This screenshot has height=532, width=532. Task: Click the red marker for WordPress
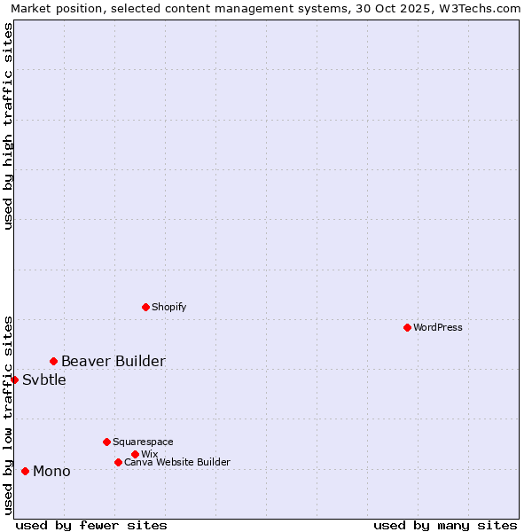[407, 327]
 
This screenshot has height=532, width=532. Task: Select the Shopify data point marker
[145, 307]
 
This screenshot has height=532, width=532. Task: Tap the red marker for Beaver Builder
[53, 361]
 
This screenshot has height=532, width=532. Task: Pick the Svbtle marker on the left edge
[14, 379]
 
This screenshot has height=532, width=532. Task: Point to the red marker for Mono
[25, 471]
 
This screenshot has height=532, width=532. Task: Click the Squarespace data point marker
[106, 442]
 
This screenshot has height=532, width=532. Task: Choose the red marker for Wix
[135, 454]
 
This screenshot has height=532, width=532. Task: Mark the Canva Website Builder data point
[118, 462]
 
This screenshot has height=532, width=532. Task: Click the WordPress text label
[438, 327]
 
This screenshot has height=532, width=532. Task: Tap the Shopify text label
[168, 307]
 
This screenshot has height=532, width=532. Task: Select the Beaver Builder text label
[113, 361]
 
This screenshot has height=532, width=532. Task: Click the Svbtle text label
[43, 379]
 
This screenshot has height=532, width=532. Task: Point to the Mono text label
[51, 471]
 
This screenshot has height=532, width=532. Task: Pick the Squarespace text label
[143, 442]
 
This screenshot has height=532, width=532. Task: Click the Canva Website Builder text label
[176, 462]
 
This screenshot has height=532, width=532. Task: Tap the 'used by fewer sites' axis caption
[91, 525]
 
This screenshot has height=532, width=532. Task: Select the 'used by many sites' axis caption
[445, 525]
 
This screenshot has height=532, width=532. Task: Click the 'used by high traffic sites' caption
[8, 126]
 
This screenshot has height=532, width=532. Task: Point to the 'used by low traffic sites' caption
[8, 414]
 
